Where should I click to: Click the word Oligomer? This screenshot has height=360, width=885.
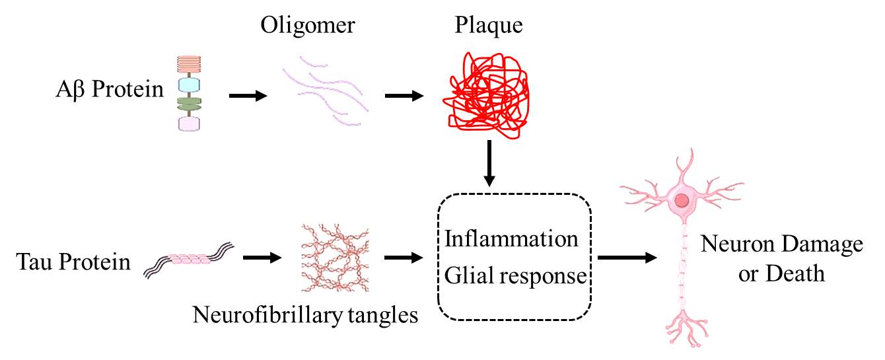308,26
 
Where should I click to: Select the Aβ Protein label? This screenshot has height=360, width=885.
110,89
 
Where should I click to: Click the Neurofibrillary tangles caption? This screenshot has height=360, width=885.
305,314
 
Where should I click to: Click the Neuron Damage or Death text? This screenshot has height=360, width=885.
782,258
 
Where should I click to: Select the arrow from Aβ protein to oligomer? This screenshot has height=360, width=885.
248,96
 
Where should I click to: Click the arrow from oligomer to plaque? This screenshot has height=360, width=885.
404,96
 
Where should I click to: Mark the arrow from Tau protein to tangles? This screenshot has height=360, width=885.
262,258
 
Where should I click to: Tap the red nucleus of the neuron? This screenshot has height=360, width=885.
682,199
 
